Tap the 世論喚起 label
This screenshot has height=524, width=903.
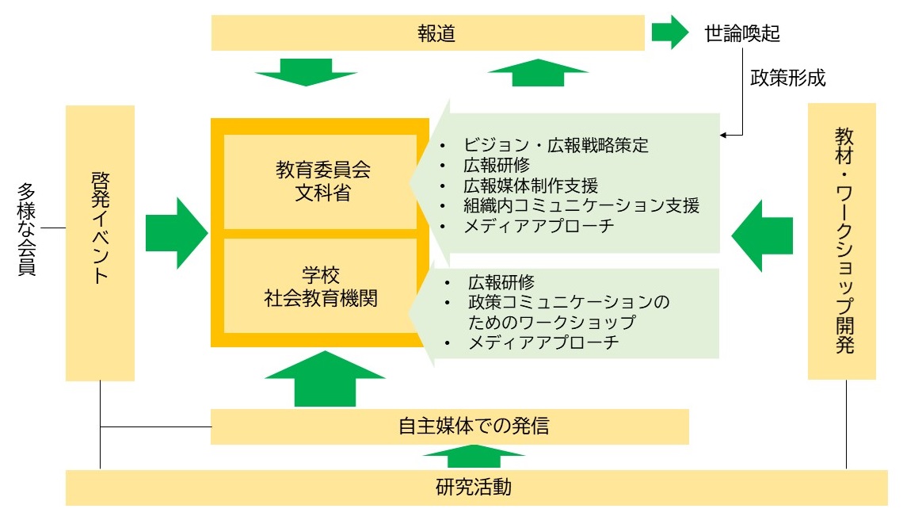click(742, 33)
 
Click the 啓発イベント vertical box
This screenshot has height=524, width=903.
click(100, 243)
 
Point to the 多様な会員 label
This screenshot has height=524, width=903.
click(28, 230)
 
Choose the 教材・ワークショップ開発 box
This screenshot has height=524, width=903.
click(841, 240)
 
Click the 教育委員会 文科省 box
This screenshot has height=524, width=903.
click(322, 182)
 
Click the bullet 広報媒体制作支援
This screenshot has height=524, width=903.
click(530, 186)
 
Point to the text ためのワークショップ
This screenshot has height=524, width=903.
click(551, 323)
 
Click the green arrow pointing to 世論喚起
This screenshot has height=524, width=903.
click(670, 33)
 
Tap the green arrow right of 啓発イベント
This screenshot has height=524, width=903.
click(176, 233)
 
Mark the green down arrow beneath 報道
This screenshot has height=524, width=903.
click(306, 73)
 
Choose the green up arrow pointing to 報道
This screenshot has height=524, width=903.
click(538, 72)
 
